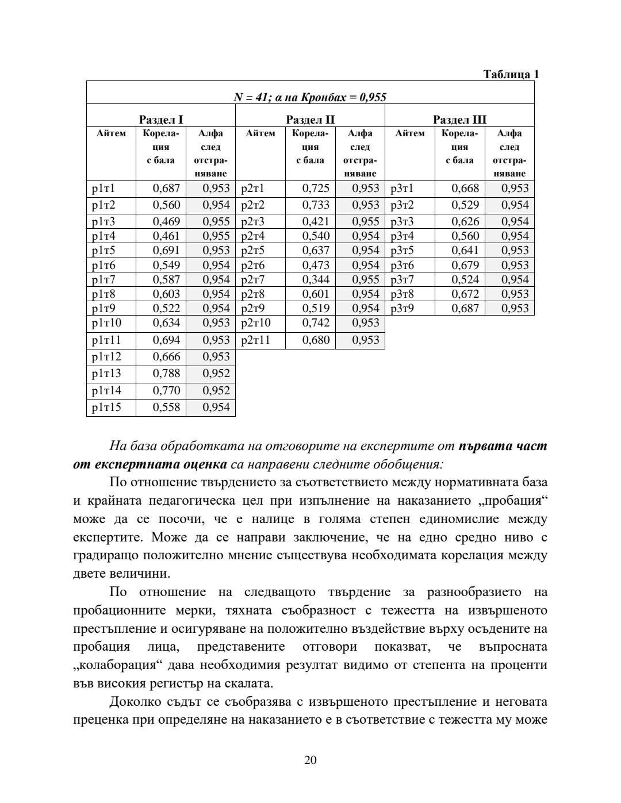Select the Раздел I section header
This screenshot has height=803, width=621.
(x=161, y=120)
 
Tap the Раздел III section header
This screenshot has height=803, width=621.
(x=459, y=120)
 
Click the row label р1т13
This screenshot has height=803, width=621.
(x=107, y=374)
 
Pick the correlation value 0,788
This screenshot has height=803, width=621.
(x=166, y=374)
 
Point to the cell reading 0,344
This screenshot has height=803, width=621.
(x=316, y=280)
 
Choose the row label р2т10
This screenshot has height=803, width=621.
(x=256, y=323)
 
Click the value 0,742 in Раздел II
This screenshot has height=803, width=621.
(x=316, y=323)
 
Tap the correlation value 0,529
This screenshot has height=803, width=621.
(x=465, y=205)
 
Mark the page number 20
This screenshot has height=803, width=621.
(x=310, y=760)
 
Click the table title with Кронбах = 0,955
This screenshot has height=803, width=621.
(x=310, y=97)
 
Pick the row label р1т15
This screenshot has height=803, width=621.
(x=107, y=408)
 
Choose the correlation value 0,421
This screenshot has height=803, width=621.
(x=316, y=222)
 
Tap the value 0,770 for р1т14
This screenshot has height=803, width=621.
(x=166, y=391)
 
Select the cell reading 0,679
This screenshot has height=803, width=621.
(x=465, y=266)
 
